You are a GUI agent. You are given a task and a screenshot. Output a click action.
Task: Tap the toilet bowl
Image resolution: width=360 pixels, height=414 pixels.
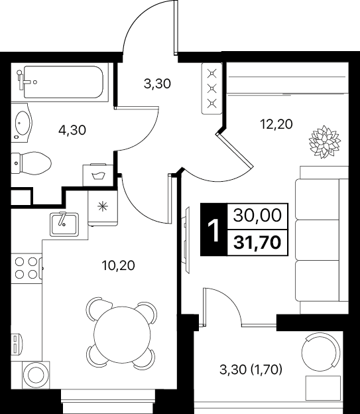[x=31, y=163]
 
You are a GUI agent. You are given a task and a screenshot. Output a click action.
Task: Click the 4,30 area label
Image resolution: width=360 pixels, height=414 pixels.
[x=72, y=130]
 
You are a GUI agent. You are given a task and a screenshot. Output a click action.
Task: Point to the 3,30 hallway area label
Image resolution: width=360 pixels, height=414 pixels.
[x=157, y=84]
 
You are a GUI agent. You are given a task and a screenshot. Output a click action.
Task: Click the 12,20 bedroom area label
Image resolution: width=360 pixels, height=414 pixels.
[x=276, y=124]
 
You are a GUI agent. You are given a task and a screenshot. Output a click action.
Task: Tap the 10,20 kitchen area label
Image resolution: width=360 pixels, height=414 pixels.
[x=119, y=265]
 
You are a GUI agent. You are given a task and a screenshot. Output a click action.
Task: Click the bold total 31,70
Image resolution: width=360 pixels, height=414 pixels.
[x=257, y=243]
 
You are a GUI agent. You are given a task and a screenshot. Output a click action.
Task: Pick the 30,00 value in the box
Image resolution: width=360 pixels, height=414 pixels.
[x=257, y=216]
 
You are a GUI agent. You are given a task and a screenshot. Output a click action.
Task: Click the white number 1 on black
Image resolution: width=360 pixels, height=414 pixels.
[x=213, y=230]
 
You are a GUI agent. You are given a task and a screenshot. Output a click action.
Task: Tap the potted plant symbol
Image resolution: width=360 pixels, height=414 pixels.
[x=325, y=142]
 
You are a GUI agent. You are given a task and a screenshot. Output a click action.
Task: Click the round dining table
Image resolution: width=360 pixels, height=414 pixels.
[x=121, y=335]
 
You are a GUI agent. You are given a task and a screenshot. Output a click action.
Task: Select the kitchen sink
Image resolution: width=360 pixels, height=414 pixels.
[x=64, y=224]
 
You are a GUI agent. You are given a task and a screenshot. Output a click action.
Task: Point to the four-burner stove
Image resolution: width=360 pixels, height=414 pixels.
[x=27, y=268]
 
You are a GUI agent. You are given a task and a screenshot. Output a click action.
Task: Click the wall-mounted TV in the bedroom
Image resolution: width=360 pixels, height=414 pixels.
[x=186, y=240]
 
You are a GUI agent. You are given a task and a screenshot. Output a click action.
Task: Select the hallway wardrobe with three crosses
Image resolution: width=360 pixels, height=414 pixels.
[x=211, y=88]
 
